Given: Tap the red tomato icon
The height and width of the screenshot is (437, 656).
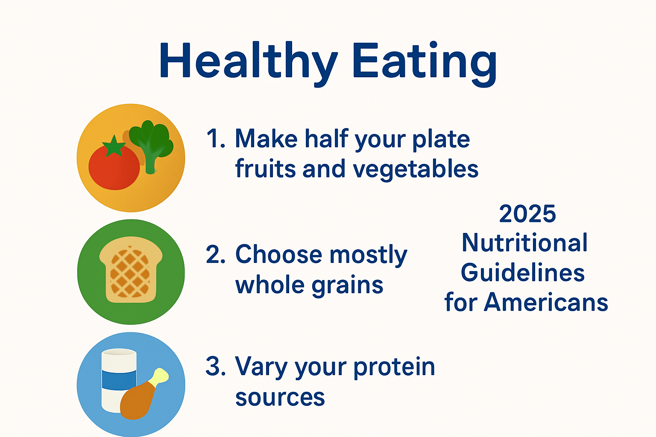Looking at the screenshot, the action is click(x=114, y=167).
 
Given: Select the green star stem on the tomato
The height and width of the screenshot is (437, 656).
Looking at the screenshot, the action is click(x=114, y=146).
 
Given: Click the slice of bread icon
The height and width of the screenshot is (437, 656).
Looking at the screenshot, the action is click(x=131, y=269).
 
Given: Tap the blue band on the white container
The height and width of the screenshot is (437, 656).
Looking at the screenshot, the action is click(x=119, y=380).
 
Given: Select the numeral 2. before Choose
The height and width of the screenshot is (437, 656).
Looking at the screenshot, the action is click(x=216, y=254).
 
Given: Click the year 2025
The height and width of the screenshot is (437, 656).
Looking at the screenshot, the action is click(x=527, y=214).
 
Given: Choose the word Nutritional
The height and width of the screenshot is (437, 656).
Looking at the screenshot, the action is click(x=524, y=242).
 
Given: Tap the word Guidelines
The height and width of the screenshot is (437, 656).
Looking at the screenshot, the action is click(x=523, y=272).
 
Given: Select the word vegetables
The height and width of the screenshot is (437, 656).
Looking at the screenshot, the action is click(x=416, y=170).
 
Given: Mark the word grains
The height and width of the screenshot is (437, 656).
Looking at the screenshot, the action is click(x=347, y=286).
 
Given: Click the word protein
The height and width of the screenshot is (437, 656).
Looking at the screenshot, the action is click(x=394, y=367).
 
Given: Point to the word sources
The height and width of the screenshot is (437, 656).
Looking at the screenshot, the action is click(x=280, y=398).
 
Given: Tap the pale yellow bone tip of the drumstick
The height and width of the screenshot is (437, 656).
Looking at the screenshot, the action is click(x=160, y=376).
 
